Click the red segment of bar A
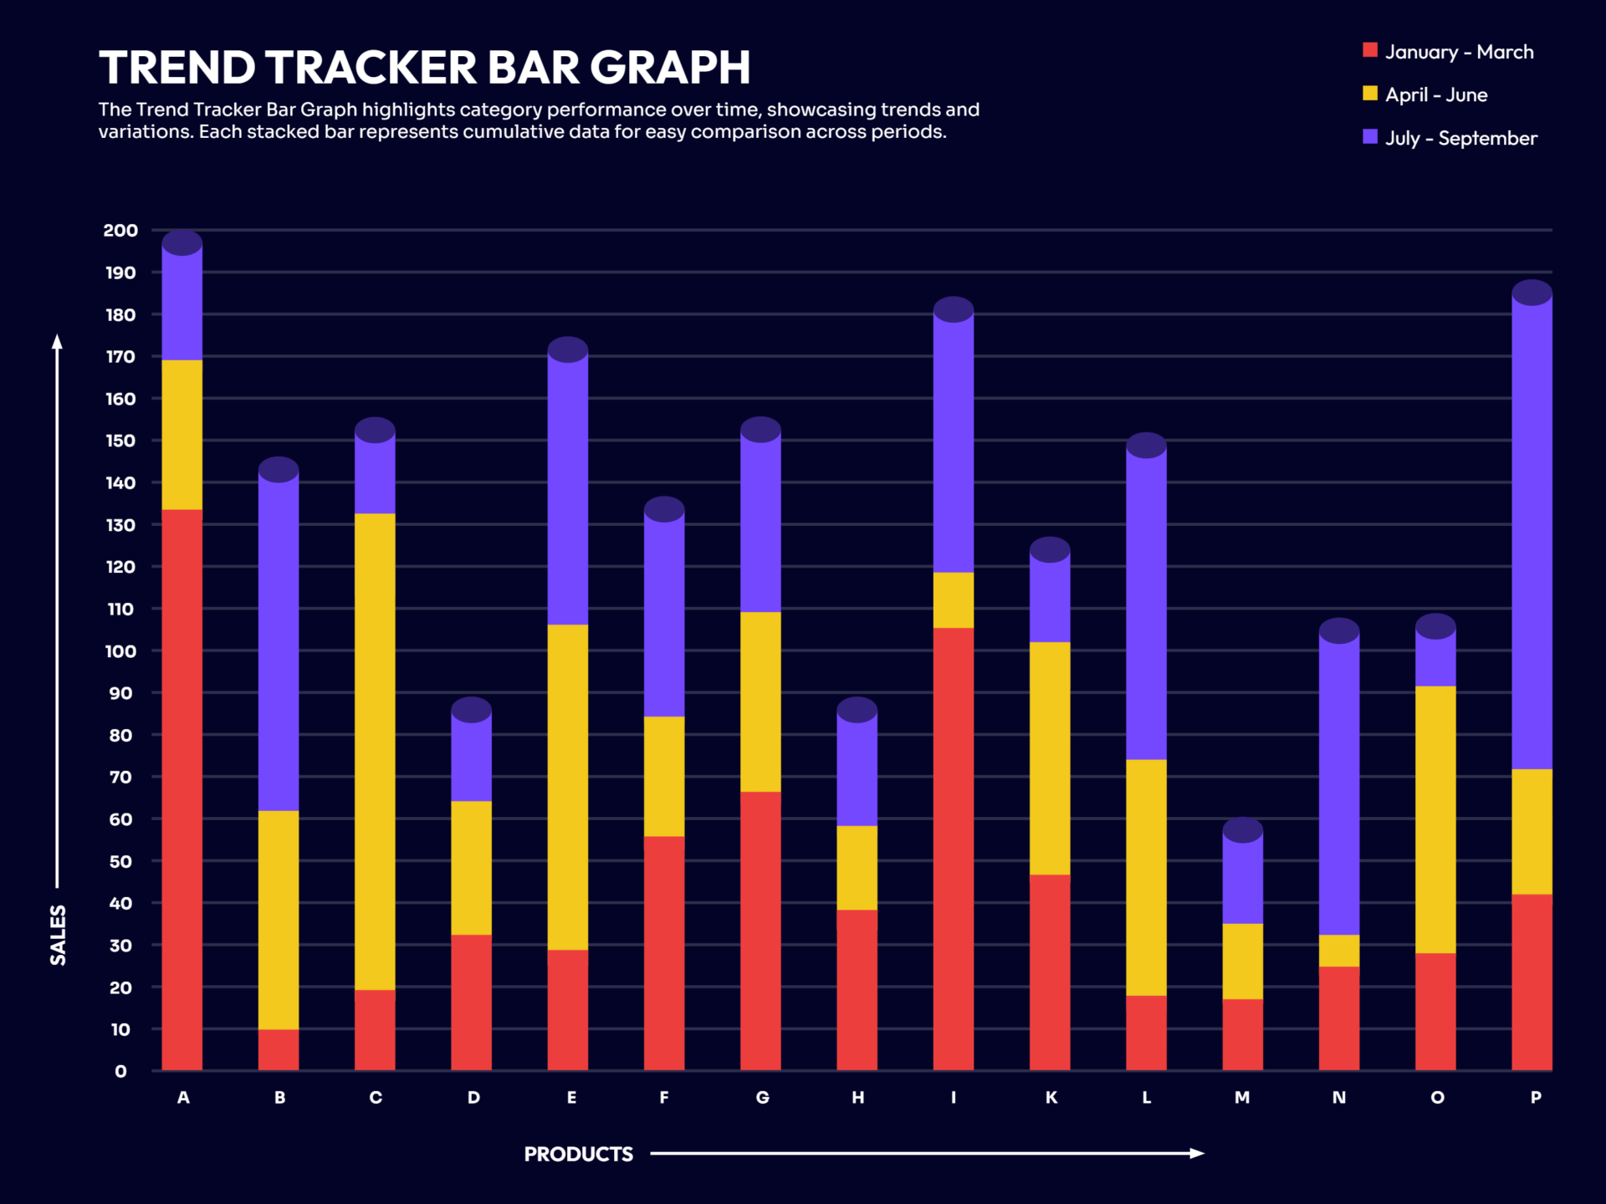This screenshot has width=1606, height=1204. [182, 790]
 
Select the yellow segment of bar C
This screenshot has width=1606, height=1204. [375, 752]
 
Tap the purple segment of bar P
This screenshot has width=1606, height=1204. [1532, 535]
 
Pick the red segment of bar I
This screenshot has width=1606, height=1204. [953, 849]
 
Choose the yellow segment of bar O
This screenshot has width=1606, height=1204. [1435, 819]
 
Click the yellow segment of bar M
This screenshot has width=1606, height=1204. [1242, 962]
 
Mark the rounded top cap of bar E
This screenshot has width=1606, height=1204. [568, 349]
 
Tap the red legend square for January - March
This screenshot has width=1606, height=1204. [1370, 50]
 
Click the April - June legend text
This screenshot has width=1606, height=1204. [1436, 94]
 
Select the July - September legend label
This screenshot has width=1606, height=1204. [1460, 138]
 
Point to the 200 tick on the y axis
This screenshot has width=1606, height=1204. [120, 230]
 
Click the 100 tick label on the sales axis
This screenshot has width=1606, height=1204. [120, 650]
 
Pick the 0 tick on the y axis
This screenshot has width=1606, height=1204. [120, 1071]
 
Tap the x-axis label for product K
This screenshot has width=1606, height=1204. [1051, 1097]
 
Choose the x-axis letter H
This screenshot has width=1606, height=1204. [857, 1097]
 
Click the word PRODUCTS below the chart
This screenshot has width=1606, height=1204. [578, 1154]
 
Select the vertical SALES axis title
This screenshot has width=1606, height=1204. [58, 935]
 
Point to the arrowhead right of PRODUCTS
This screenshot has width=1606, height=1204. [1197, 1153]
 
